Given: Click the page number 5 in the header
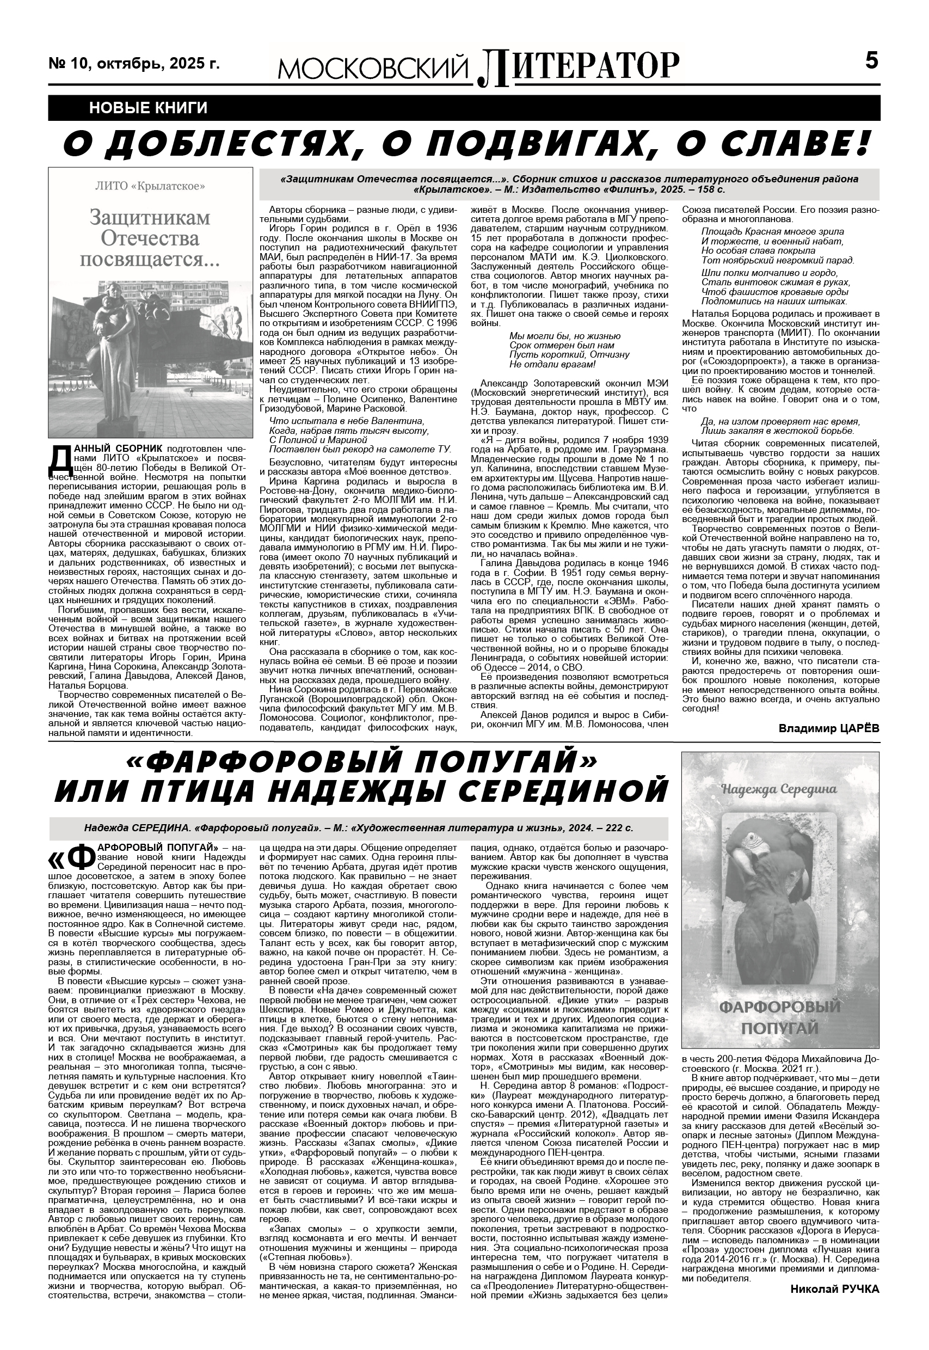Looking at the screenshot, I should (871, 60).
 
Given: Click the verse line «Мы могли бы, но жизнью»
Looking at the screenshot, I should (564, 336).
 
